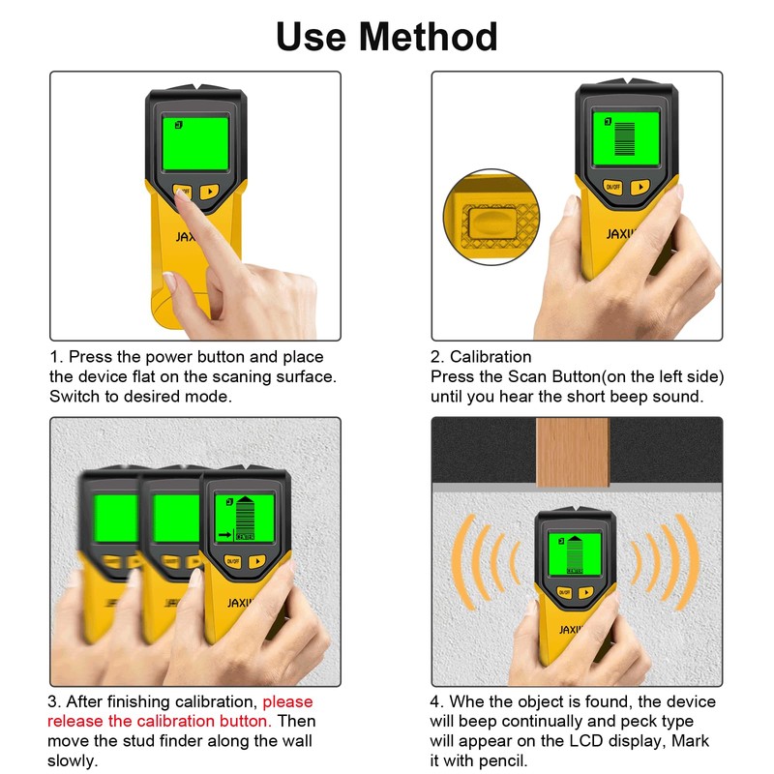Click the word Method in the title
[429, 37]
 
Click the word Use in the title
[313, 37]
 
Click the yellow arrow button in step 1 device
[210, 191]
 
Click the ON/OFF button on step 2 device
[611, 187]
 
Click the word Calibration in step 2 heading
[491, 357]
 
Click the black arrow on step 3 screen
[223, 533]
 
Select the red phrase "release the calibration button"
[158, 721]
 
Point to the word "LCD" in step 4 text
[583, 740]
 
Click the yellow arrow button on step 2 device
[640, 187]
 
